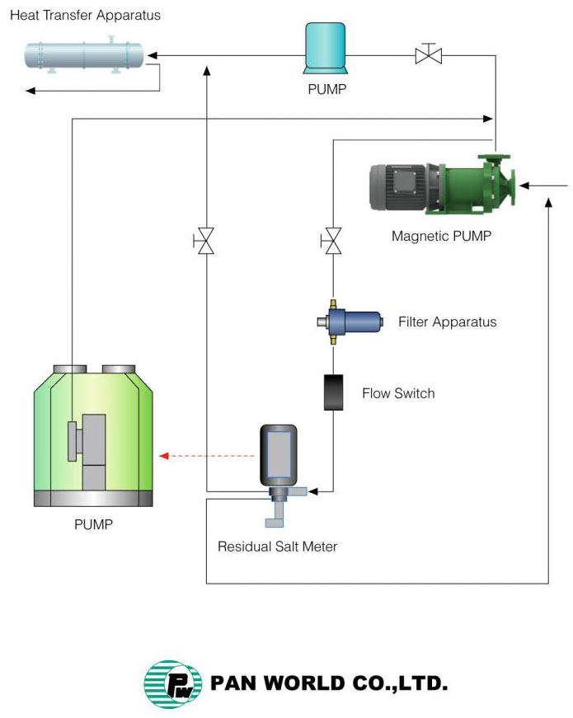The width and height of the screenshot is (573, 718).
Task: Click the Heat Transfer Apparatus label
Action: [x=86, y=16]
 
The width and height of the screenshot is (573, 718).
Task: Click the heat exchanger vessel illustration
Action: [x=83, y=56]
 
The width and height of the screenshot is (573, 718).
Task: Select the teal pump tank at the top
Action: [x=327, y=46]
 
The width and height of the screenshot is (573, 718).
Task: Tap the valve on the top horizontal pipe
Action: [x=428, y=54]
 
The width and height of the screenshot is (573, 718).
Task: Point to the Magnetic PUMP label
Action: [x=441, y=237]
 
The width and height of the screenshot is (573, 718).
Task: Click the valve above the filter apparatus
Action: [x=332, y=242]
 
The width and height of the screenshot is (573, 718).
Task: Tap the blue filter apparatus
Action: [x=351, y=321]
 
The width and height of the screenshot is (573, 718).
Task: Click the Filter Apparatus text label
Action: [x=447, y=321]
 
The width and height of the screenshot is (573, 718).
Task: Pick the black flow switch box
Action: [x=333, y=392]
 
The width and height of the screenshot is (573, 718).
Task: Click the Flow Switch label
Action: [x=398, y=393]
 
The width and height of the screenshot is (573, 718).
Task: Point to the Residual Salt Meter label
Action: [x=277, y=547]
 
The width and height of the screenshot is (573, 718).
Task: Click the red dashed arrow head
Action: [x=163, y=455]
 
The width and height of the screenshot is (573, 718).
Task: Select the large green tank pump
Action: [x=93, y=437]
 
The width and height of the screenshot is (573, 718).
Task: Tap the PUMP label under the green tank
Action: [x=93, y=524]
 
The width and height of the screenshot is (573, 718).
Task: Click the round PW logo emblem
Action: [x=171, y=683]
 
